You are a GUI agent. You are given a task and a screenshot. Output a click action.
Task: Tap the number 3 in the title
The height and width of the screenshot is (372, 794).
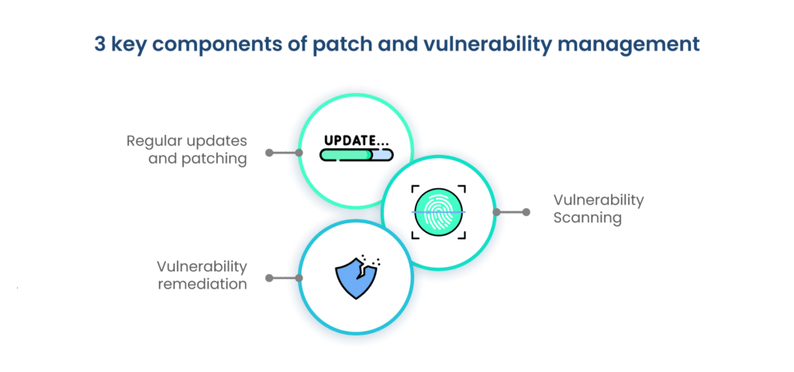[x=100, y=44]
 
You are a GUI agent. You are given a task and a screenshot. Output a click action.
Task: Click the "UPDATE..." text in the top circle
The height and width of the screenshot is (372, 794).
[x=356, y=141]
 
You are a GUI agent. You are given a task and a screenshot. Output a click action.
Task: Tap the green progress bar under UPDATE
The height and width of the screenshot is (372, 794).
[x=346, y=154]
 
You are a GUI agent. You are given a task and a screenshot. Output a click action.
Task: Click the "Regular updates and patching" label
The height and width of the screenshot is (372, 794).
[x=188, y=150]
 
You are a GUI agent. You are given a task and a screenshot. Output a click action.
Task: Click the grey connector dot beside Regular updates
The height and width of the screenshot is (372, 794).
[x=269, y=153]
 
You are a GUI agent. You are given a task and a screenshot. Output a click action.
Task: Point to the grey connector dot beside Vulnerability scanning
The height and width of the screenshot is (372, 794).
[x=526, y=212]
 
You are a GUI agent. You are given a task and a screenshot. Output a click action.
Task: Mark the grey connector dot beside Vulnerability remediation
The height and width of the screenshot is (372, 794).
[x=269, y=277]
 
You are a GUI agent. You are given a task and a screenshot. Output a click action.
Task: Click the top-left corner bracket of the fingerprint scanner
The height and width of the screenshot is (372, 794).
[x=416, y=189]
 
